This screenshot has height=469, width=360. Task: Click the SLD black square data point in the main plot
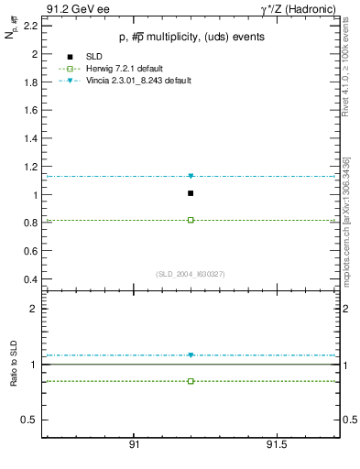pyautogui.click(x=191, y=193)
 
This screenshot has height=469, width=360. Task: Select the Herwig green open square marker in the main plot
pyautogui.click(x=191, y=220)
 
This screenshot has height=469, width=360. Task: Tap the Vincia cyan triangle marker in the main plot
pyautogui.click(x=191, y=176)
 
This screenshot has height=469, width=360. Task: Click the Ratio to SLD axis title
pyautogui.click(x=13, y=364)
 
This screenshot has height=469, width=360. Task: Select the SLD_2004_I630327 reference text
pyautogui.click(x=191, y=274)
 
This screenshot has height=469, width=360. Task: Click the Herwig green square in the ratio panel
pyautogui.click(x=191, y=380)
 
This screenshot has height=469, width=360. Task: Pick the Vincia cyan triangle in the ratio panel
pyautogui.click(x=191, y=355)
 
